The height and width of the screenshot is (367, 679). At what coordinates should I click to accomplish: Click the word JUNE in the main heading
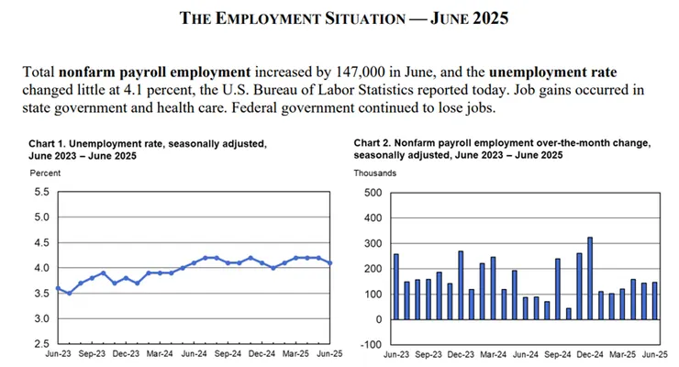(469, 18)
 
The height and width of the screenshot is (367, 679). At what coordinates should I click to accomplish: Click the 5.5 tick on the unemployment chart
(41, 192)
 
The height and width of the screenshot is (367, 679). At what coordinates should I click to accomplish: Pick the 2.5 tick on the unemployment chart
(41, 343)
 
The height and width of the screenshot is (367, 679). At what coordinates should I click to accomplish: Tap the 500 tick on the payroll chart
(372, 193)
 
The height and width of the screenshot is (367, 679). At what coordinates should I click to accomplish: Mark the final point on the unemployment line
(329, 262)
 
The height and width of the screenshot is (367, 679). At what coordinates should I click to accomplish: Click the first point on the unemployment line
(58, 288)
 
